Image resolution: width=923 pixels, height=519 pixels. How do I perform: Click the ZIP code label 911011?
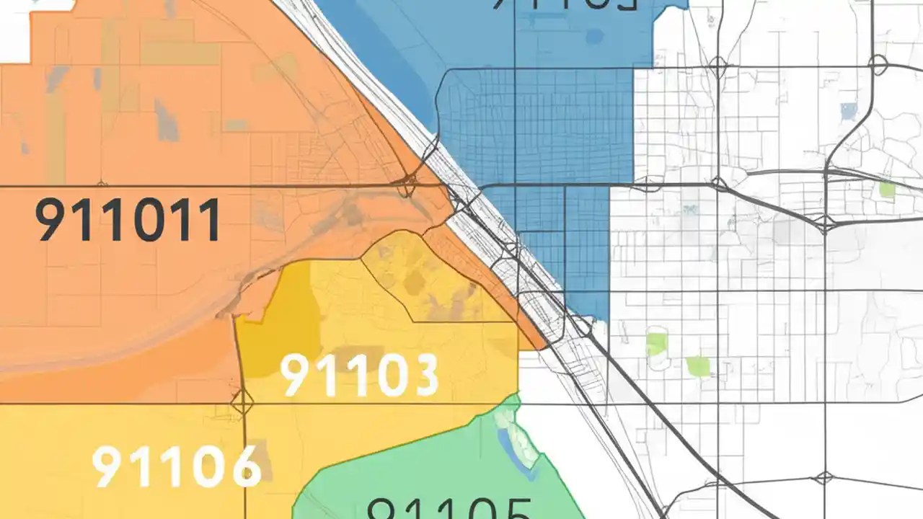point(128,221)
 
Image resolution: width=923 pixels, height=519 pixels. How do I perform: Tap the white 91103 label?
point(359,376)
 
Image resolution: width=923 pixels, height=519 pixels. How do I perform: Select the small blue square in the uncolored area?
point(849,110)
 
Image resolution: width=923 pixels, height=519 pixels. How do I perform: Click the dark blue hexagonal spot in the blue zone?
point(594,35)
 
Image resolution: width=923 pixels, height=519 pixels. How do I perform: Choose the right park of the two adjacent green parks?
point(698,366)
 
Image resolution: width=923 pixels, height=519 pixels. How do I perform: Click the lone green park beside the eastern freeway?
point(887,190)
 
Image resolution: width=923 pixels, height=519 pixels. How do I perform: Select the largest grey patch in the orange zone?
point(166,119)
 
